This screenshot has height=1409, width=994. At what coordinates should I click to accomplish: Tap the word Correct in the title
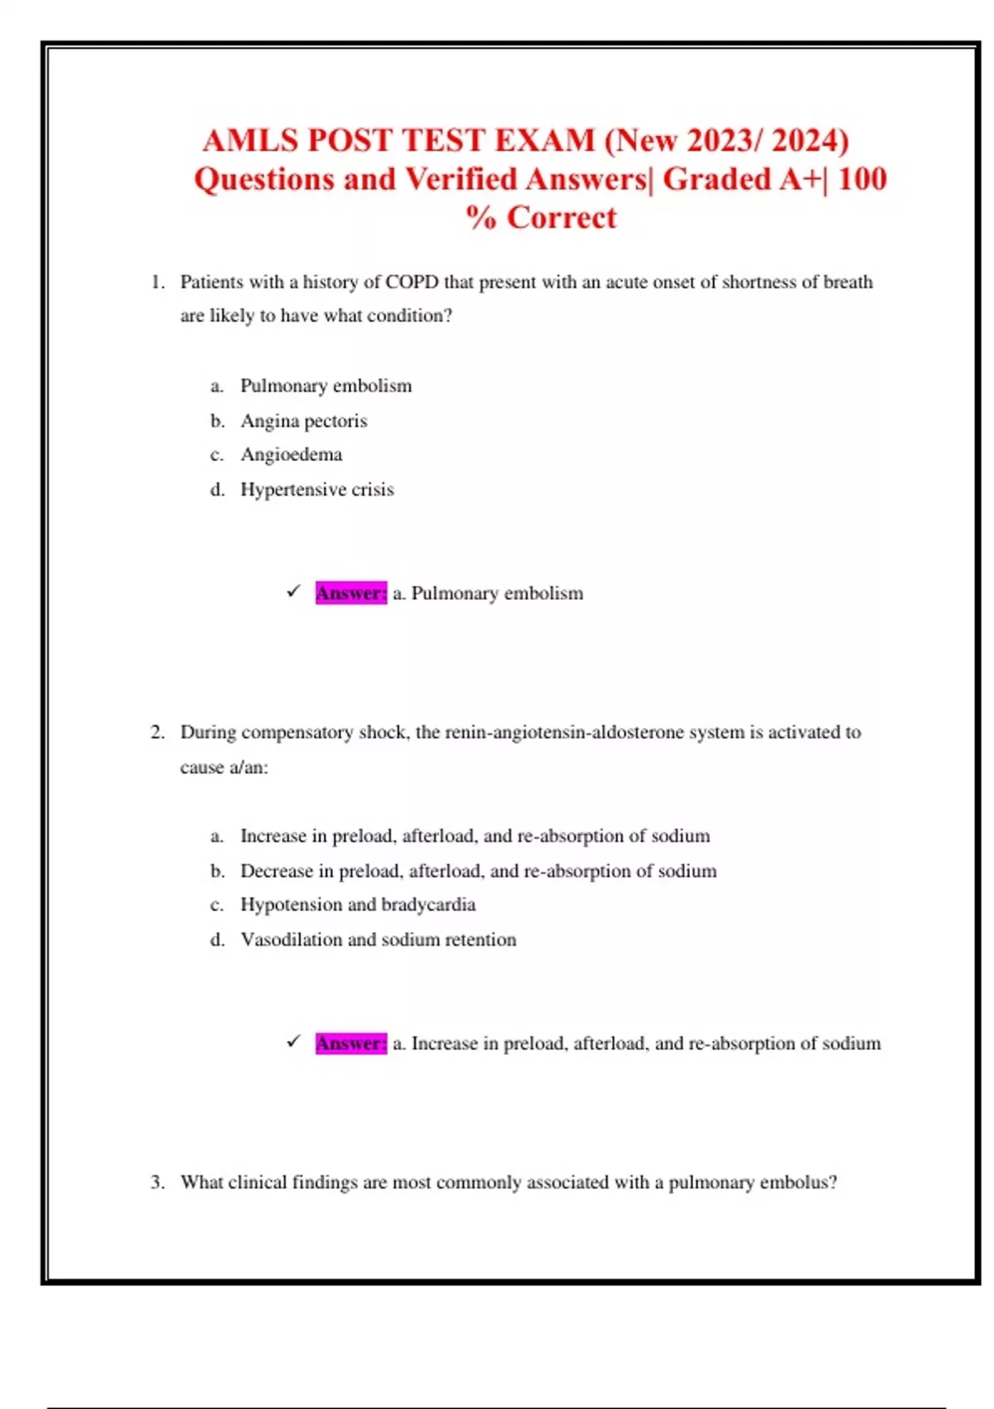click(x=562, y=217)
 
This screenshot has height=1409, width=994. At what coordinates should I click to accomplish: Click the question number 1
click(x=157, y=282)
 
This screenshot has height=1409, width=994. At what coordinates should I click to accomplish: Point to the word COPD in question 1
click(x=412, y=282)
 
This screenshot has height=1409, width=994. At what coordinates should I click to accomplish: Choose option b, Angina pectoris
click(x=303, y=421)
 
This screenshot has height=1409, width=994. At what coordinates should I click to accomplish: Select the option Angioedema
click(x=291, y=454)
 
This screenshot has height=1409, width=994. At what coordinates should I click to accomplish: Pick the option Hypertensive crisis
click(x=316, y=489)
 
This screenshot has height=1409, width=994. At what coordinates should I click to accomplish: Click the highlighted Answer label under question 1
click(x=350, y=593)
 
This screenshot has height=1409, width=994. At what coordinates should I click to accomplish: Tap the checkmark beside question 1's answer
click(x=293, y=592)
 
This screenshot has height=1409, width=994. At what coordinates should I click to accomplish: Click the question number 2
click(x=157, y=732)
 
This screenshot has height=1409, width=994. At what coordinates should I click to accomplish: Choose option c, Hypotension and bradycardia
click(x=357, y=904)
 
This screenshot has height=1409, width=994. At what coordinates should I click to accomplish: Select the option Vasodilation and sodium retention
click(x=378, y=939)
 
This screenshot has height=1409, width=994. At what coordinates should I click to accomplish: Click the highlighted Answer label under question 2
click(x=350, y=1043)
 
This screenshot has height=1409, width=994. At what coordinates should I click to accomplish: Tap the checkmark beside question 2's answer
click(x=293, y=1042)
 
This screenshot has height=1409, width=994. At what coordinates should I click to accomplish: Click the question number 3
click(x=157, y=1182)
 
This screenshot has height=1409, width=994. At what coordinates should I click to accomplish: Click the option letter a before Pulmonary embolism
click(x=216, y=386)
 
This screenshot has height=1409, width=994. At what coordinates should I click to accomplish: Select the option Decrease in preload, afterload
click(x=478, y=870)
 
